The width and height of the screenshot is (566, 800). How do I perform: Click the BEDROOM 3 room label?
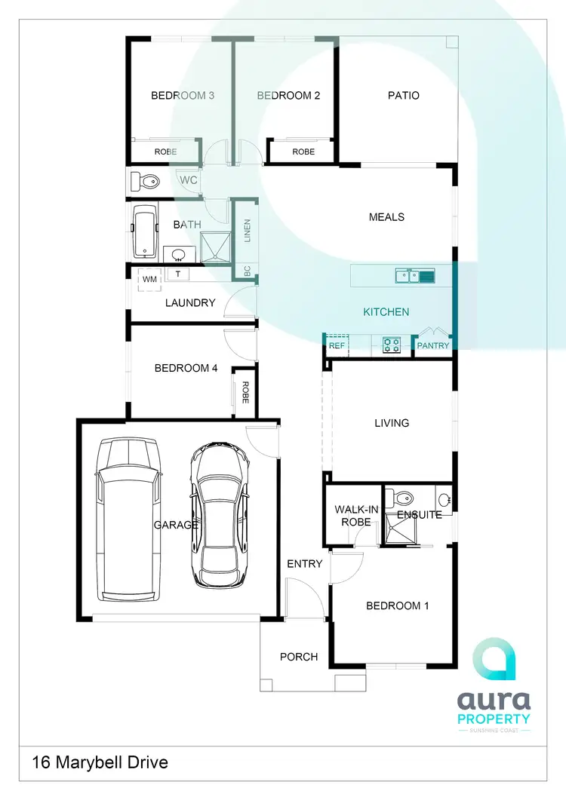tap(183, 96)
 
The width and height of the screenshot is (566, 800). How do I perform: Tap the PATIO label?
tap(404, 96)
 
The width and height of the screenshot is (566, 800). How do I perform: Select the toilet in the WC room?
tap(145, 181)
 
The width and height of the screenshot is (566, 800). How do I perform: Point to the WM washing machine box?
tap(149, 279)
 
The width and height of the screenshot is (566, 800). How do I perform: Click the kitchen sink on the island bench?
tap(415, 276)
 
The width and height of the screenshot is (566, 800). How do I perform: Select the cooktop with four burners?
tap(392, 345)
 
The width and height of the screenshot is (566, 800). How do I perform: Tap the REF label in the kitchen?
tap(337, 346)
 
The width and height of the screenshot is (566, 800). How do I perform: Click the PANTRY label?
tap(433, 346)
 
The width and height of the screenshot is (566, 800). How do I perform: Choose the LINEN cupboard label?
tap(246, 230)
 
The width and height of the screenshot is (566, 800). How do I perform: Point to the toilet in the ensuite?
tap(399, 498)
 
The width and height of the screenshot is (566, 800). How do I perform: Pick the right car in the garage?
tap(220, 513)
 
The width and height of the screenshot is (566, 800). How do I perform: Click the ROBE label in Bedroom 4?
tap(245, 391)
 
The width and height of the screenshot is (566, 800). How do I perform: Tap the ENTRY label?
tap(305, 564)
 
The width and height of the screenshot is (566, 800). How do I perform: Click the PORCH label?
tap(299, 657)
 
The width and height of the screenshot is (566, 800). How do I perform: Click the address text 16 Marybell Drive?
tap(100, 762)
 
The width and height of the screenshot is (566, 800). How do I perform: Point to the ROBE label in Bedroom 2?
tap(303, 152)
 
